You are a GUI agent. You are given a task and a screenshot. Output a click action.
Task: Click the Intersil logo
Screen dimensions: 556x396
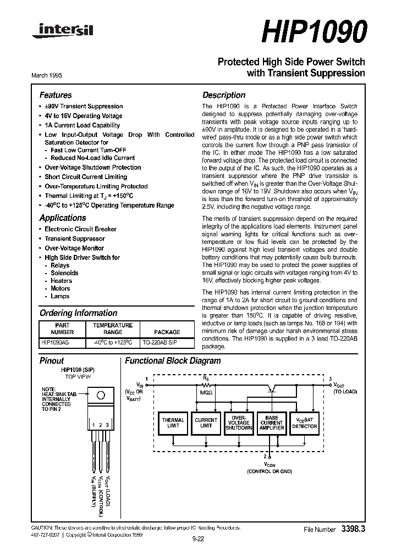(x=63, y=32)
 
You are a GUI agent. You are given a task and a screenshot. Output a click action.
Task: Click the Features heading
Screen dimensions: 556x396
(x=56, y=95)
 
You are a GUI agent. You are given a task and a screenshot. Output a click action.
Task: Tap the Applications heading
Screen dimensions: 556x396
(x=63, y=218)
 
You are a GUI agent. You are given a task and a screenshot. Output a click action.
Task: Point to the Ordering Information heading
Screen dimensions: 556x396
(x=78, y=313)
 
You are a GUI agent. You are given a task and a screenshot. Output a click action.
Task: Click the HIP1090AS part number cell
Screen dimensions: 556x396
(x=55, y=342)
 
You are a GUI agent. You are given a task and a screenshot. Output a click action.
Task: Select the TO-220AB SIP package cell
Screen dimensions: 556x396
(x=167, y=342)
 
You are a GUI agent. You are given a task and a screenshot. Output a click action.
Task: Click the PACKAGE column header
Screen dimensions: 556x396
(x=167, y=332)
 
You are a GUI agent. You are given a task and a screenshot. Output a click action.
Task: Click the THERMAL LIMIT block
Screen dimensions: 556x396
(x=173, y=423)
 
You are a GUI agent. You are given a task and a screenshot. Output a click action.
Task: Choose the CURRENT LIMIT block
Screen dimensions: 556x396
(x=206, y=423)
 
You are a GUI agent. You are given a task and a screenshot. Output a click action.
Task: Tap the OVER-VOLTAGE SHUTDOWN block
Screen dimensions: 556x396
(x=239, y=423)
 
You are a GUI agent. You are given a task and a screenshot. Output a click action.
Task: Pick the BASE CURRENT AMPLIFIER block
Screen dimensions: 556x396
(x=272, y=423)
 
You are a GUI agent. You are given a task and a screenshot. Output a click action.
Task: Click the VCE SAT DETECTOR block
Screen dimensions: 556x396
(x=304, y=423)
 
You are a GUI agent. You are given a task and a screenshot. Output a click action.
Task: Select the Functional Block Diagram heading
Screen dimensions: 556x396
(x=173, y=361)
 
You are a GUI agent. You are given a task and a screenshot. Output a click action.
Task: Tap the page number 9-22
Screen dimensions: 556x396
(x=198, y=539)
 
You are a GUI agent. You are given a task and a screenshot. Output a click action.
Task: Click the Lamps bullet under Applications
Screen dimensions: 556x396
(x=60, y=296)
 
